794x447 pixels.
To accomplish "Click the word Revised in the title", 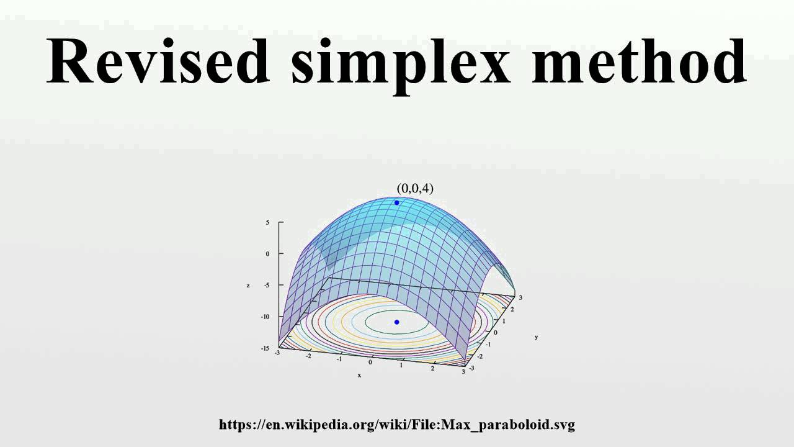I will (158, 62).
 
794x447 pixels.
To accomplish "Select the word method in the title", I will (639, 62).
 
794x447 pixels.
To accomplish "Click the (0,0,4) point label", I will (415, 188).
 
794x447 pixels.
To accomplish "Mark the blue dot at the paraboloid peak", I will (397, 203).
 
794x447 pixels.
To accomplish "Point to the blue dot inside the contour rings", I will (397, 322).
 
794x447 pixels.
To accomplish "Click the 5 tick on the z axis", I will (268, 222).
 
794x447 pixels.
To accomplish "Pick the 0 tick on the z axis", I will (268, 253).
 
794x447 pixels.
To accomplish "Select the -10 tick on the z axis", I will (265, 317).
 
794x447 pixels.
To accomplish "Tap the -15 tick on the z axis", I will (265, 348).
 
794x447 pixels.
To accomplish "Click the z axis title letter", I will (248, 286).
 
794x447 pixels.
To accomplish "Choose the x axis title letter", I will (359, 376).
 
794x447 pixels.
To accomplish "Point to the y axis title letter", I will (536, 337).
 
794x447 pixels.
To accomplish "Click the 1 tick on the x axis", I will (401, 365).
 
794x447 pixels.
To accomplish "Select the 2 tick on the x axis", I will (432, 368).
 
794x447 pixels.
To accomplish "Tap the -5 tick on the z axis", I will (267, 285).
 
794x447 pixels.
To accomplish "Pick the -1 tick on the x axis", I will (339, 359).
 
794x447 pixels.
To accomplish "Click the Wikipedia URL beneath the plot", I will (397, 425).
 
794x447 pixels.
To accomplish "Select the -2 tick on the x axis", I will (308, 356).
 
